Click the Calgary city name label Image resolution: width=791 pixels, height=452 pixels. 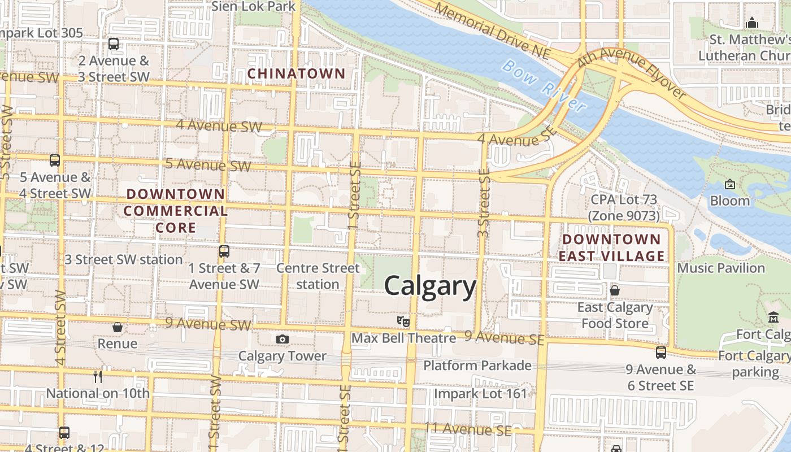(431, 286)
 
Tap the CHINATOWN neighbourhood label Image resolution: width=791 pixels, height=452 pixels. (296, 73)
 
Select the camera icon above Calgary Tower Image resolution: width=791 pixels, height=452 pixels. (282, 340)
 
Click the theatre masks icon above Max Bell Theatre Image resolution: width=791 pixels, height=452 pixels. (403, 321)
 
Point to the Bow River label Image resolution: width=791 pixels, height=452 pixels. (543, 85)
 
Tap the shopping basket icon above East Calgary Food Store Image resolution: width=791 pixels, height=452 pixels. (615, 290)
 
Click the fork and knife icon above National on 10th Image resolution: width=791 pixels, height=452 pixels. (98, 376)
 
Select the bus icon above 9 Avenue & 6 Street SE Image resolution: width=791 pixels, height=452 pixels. (660, 353)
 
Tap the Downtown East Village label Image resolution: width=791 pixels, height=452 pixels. (611, 247)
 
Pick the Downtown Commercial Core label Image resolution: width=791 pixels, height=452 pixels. (176, 211)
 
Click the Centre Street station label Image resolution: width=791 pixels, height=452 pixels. (318, 276)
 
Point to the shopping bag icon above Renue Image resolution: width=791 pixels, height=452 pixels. (118, 327)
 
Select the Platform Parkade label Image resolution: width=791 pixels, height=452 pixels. (477, 366)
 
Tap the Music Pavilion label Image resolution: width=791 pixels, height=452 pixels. (721, 268)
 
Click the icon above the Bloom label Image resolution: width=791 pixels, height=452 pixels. (729, 184)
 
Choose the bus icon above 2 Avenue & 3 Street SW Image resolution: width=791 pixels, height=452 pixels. (114, 44)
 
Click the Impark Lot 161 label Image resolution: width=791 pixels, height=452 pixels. (480, 393)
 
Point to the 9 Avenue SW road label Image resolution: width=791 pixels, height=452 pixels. (208, 324)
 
